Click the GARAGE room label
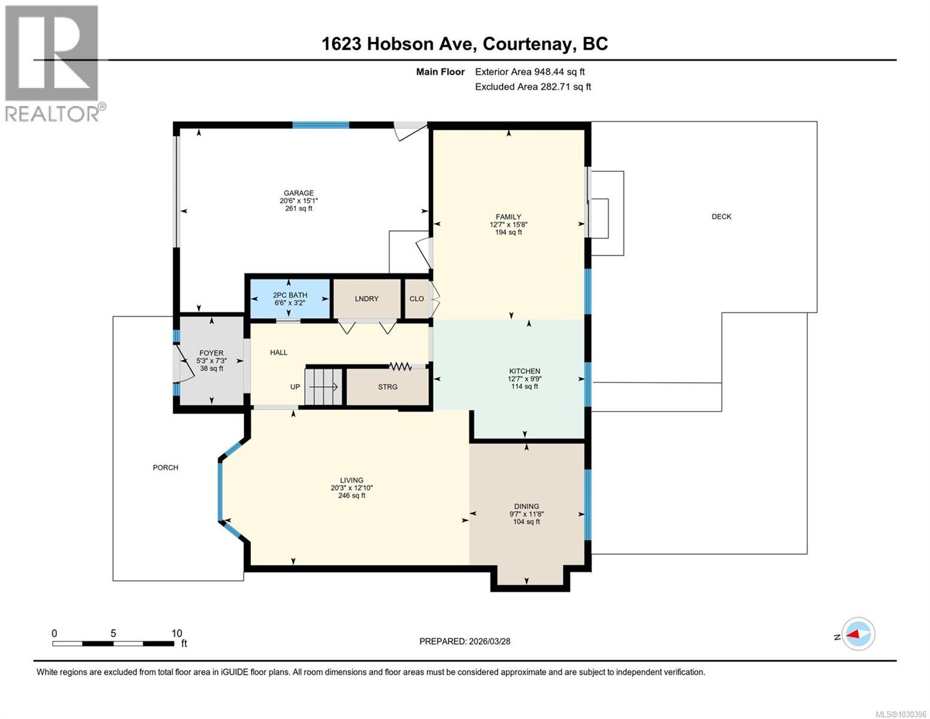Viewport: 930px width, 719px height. point(298,193)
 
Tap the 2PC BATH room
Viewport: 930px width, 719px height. point(289,298)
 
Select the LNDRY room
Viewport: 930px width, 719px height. point(366,298)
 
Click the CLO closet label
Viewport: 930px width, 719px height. point(417,298)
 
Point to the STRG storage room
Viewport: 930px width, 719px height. point(387,387)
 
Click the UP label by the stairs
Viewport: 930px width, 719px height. point(295,387)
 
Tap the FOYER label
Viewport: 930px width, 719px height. point(211,354)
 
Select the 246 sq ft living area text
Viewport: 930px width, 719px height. point(352,496)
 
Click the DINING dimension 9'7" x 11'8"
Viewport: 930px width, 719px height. point(526,514)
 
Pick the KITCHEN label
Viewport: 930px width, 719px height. point(525,371)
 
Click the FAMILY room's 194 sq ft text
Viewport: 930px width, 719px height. point(508,232)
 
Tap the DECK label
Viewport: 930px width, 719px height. point(721,217)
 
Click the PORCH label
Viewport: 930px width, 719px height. point(165,467)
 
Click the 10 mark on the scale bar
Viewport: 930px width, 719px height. point(176,633)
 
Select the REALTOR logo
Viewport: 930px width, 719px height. point(53,62)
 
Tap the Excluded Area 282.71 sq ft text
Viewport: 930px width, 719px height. point(532,87)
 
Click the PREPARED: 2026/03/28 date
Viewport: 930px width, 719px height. point(465,641)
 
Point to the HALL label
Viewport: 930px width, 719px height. point(278,352)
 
